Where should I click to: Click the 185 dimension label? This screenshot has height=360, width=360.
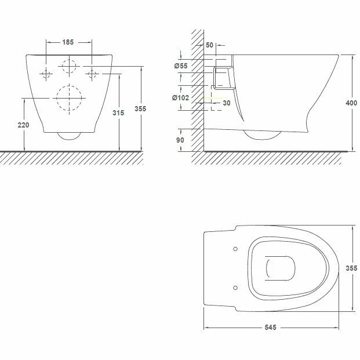pyautogui.click(x=68, y=42)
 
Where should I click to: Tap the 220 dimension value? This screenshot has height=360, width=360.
pyautogui.click(x=23, y=125)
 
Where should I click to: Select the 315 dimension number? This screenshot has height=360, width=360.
pyautogui.click(x=118, y=112)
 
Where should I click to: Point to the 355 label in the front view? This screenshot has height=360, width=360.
pyautogui.click(x=140, y=108)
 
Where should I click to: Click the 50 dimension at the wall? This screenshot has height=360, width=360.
pyautogui.click(x=209, y=45)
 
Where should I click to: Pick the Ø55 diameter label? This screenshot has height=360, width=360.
pyautogui.click(x=181, y=66)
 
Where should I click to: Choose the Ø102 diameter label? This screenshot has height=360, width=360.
pyautogui.click(x=181, y=98)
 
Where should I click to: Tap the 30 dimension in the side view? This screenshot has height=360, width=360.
pyautogui.click(x=227, y=103)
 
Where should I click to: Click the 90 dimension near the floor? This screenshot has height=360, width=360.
pyautogui.click(x=180, y=140)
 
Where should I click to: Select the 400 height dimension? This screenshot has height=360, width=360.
pyautogui.click(x=351, y=103)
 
